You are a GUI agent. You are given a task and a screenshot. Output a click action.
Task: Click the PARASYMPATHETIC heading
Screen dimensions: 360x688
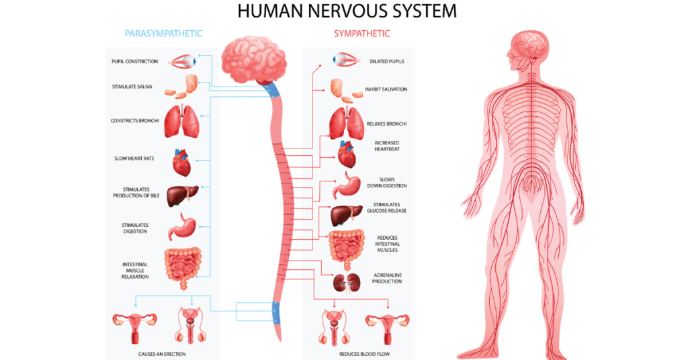pos(163,33)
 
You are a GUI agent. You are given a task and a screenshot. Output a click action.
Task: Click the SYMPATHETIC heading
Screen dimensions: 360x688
pos(362,33)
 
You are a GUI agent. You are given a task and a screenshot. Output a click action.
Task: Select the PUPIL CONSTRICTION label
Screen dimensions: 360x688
pos(135,62)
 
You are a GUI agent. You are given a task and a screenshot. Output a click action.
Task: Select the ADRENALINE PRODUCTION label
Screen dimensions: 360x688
pos(388,278)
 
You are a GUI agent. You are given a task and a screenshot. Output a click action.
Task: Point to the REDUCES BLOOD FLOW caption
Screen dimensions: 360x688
pos(364,353)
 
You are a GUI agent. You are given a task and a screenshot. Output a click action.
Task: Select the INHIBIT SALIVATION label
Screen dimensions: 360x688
pos(386,89)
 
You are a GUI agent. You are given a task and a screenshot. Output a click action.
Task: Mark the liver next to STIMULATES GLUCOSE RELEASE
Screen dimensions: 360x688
pos(347,215)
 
